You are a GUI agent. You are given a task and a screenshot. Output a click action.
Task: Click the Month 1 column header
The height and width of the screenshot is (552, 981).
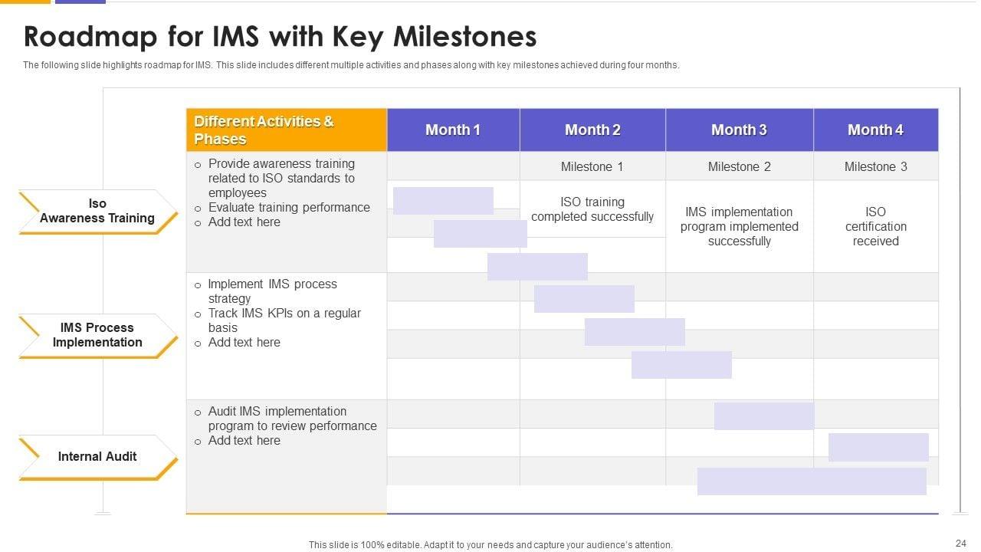(453, 130)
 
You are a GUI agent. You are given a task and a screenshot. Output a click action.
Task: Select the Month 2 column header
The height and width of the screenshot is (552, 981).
(592, 130)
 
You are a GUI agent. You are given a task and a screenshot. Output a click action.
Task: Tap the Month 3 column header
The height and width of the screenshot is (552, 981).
(739, 130)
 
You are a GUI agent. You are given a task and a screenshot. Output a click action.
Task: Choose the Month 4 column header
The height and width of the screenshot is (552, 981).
(875, 130)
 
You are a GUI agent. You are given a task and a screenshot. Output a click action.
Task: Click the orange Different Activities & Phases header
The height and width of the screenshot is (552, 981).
(286, 130)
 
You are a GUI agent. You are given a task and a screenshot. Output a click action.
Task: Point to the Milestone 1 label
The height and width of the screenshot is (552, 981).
(592, 166)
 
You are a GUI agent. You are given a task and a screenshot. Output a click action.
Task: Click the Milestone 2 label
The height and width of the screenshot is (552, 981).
(739, 166)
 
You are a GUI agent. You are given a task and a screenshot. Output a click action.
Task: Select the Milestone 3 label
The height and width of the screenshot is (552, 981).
(875, 166)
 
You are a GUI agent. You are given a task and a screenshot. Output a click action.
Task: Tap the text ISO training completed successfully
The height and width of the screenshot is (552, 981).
(592, 209)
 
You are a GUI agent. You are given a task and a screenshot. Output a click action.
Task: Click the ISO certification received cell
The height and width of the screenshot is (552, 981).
(875, 226)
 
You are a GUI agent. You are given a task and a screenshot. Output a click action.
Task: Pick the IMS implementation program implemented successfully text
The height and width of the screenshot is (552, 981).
(739, 226)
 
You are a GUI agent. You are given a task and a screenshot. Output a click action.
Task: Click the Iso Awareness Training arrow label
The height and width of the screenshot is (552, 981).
(97, 211)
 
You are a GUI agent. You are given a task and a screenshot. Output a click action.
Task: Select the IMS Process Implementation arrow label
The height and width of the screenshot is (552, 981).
(97, 335)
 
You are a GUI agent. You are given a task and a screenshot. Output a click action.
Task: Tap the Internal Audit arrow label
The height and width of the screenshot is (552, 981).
(97, 456)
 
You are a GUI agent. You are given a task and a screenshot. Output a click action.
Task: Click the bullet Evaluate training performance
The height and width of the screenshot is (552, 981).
(289, 207)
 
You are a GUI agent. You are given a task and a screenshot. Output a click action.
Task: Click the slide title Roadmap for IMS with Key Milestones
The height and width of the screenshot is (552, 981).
(280, 37)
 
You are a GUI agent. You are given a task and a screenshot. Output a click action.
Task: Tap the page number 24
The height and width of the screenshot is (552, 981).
(960, 544)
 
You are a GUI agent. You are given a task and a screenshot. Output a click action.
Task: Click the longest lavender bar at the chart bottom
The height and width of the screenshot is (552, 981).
(812, 481)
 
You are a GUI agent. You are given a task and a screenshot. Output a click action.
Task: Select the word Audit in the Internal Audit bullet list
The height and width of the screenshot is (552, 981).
(222, 412)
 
